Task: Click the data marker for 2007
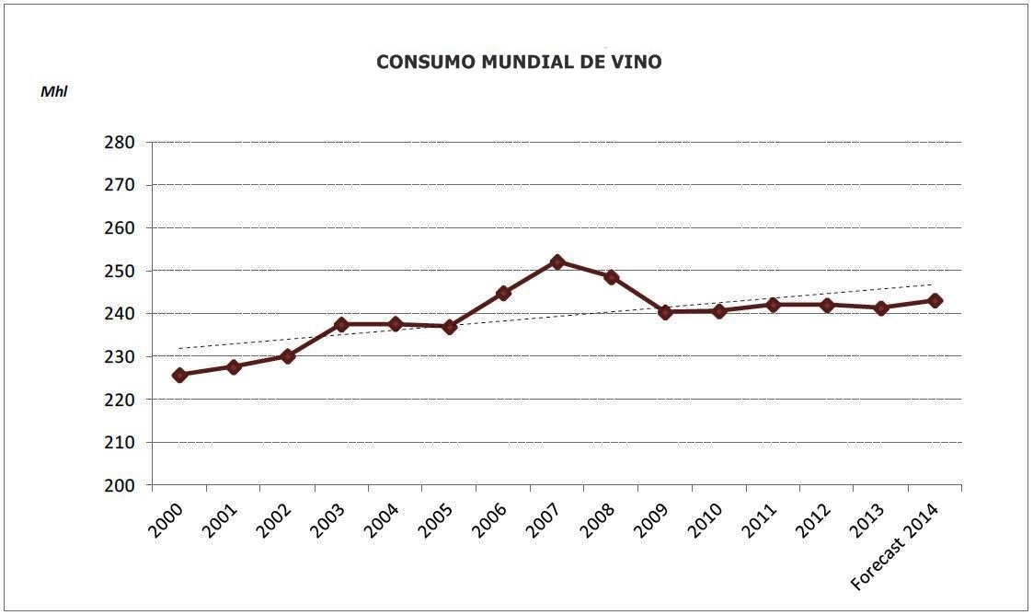click(x=557, y=261)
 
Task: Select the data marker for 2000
click(x=179, y=375)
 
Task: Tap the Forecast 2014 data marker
click(x=935, y=300)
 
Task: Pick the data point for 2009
click(x=665, y=312)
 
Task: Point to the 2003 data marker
click(x=341, y=324)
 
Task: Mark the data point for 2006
click(x=503, y=293)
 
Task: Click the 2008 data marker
click(x=611, y=276)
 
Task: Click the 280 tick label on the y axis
click(x=121, y=143)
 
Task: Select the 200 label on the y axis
click(x=121, y=485)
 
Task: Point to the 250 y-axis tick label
click(x=121, y=272)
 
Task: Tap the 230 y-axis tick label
click(x=121, y=357)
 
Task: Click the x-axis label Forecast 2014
click(x=894, y=548)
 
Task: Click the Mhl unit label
click(x=54, y=92)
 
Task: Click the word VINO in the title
click(x=637, y=63)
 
